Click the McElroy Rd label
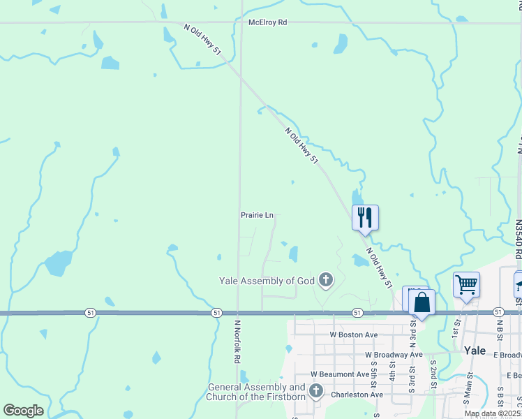[267, 22]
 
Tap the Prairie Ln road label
[257, 215]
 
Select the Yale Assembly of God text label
[267, 281]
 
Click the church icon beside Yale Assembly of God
[325, 281]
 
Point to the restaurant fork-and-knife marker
[365, 218]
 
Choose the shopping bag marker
[422, 303]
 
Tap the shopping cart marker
[466, 285]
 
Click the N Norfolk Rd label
[237, 341]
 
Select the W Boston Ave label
[354, 335]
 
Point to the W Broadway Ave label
[394, 355]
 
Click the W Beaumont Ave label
[340, 374]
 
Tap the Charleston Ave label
[357, 394]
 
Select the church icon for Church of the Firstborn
[315, 390]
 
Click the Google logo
[23, 411]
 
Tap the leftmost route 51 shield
[90, 312]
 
